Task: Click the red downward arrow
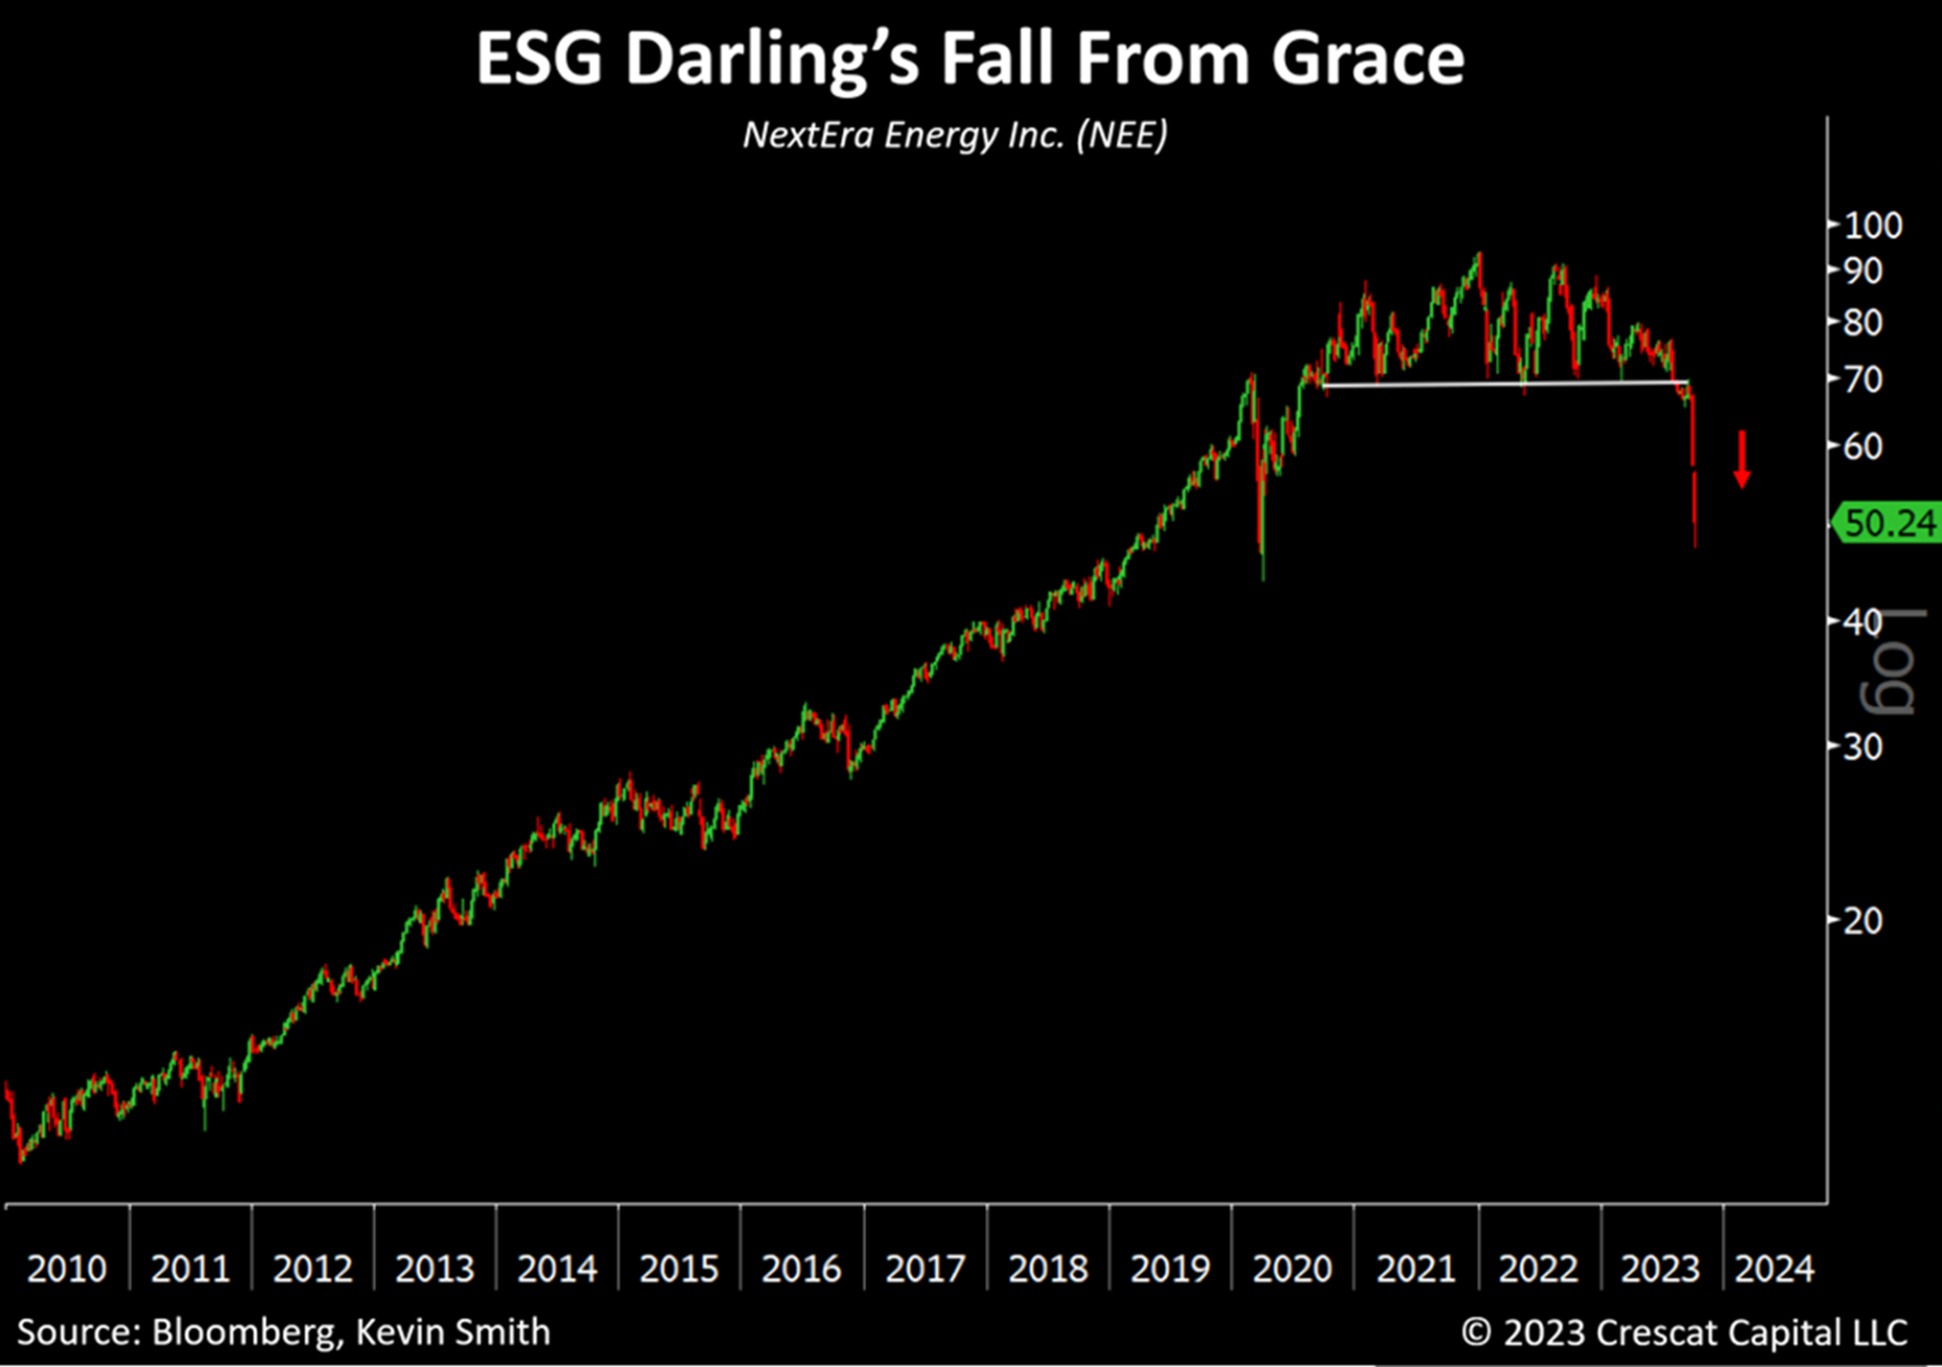pos(1742,460)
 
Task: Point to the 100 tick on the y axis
pos(1873,226)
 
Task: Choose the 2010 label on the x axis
pos(66,1268)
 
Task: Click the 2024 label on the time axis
pos(1774,1268)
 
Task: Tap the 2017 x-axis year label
pos(925,1268)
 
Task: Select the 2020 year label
pos(1292,1268)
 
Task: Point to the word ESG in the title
pos(539,59)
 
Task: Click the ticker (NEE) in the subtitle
pos(1121,135)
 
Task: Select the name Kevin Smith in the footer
pos(452,1332)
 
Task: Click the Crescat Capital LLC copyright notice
pos(1684,1332)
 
